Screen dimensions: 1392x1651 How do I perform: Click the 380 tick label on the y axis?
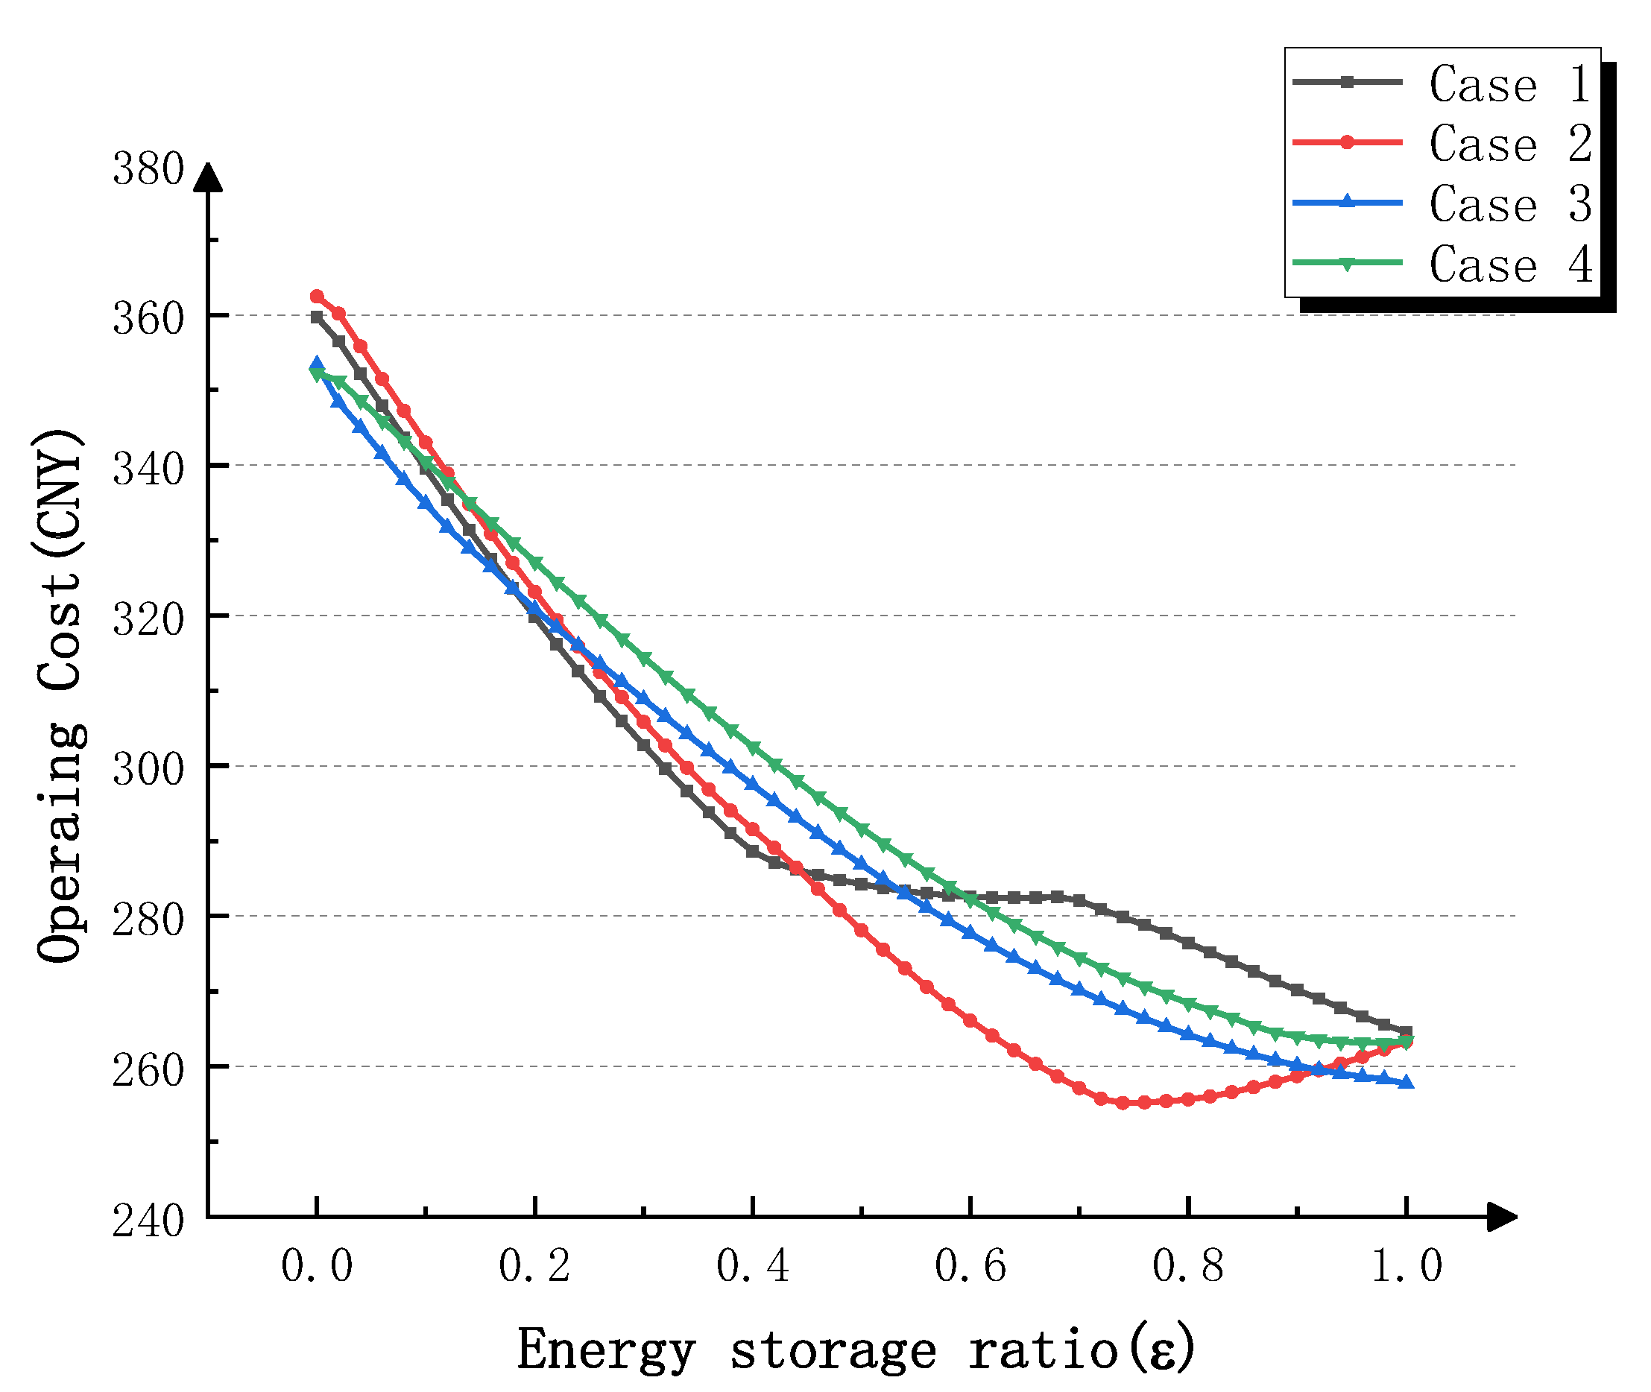(148, 170)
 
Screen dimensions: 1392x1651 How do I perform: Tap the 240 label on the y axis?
(148, 1222)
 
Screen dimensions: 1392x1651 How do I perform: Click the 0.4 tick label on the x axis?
(752, 1267)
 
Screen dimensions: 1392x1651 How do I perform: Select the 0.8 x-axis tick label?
(1187, 1267)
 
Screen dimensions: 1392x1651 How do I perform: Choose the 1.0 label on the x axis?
(1406, 1267)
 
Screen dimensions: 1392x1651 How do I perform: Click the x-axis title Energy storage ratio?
(856, 1351)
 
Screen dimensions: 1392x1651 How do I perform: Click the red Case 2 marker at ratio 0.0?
(318, 297)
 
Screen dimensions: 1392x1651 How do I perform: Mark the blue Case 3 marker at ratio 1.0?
(1406, 1083)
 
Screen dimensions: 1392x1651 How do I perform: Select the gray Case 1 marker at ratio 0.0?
(318, 317)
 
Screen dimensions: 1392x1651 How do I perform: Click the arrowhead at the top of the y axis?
(209, 177)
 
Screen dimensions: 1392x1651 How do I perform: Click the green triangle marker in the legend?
(1348, 264)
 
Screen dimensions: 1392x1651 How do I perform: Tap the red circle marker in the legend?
(1348, 143)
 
